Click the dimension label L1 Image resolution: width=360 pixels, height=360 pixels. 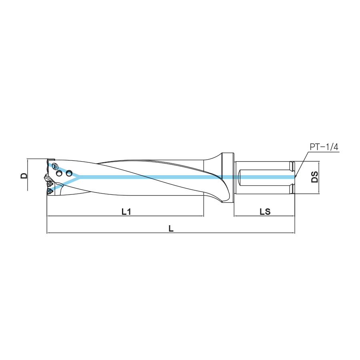tap(126, 212)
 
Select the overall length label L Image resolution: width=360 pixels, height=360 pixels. tap(171, 228)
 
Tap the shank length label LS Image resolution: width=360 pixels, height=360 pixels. tap(265, 212)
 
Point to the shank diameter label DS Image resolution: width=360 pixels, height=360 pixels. tap(314, 176)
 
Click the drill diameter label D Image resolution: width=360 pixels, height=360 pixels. tap(24, 176)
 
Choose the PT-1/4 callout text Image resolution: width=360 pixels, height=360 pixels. tap(324, 147)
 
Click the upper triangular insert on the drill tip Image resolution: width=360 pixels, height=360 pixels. tap(50, 184)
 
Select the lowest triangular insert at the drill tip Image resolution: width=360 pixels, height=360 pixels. tap(50, 191)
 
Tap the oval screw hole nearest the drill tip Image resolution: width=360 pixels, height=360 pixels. tap(54, 166)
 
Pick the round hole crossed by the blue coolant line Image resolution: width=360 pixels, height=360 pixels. tap(69, 173)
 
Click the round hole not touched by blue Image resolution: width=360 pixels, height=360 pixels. tap(59, 173)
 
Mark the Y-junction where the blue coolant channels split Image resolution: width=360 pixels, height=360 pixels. tap(79, 177)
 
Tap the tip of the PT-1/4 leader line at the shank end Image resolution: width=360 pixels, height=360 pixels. tap(296, 176)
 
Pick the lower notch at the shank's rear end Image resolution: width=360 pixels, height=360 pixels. tap(292, 189)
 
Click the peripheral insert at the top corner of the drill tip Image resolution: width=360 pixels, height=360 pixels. tap(51, 160)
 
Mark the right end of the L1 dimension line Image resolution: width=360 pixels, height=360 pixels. tap(204, 216)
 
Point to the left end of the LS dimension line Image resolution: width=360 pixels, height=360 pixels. tap(234, 216)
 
